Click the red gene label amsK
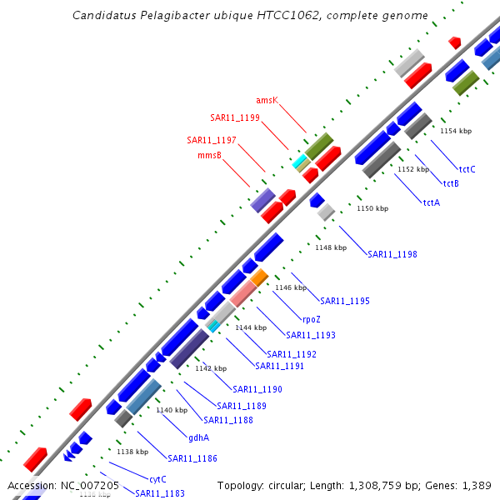click(267, 100)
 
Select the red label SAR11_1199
click(235, 117)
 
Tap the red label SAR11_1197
click(212, 139)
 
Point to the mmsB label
click(209, 155)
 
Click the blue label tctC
click(467, 169)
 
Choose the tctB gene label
click(451, 183)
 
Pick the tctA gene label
click(431, 202)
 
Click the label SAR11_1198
click(392, 254)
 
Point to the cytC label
click(157, 479)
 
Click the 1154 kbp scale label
click(456, 131)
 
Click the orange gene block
click(260, 277)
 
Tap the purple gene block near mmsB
click(262, 200)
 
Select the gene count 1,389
click(476, 486)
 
